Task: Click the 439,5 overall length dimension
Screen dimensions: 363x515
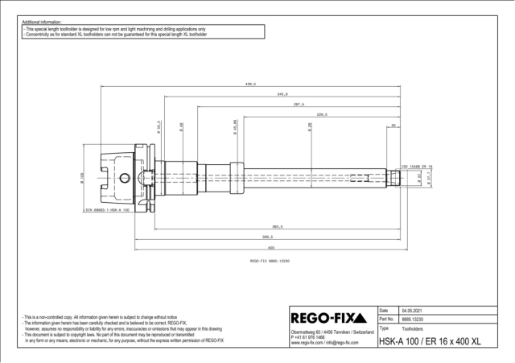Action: pos(250,84)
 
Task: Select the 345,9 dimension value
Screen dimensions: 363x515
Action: pos(282,94)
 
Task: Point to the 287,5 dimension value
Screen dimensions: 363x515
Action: pos(299,105)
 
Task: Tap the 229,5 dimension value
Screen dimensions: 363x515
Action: pos(322,115)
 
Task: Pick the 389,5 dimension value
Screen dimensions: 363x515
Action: pos(267,237)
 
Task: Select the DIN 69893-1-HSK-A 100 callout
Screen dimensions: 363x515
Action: pos(106,210)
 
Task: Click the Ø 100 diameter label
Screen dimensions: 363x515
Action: pos(82,176)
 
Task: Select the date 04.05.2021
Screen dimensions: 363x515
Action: pos(412,310)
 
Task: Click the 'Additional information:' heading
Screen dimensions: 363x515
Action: pos(41,22)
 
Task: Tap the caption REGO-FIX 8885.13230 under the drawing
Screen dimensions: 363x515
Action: pos(270,261)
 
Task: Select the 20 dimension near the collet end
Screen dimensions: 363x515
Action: pos(393,126)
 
